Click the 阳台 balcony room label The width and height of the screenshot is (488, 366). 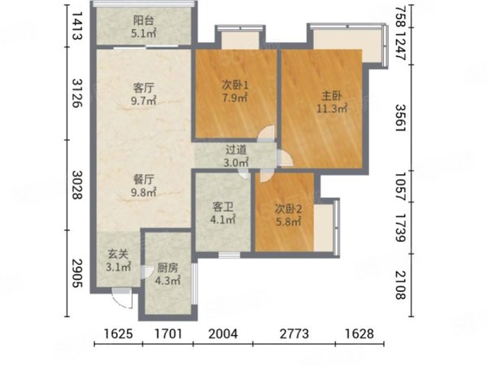[143, 20]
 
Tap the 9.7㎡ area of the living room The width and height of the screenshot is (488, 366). [143, 101]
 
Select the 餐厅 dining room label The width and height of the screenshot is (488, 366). [143, 180]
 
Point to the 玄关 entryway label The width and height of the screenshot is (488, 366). [118, 255]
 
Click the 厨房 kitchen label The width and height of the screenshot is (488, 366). [168, 268]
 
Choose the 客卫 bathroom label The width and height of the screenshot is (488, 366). [223, 207]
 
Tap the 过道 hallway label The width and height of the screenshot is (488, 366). [236, 150]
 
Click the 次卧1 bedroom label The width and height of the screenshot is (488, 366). [235, 85]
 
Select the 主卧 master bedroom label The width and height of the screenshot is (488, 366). [332, 96]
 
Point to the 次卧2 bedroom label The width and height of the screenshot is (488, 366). [288, 209]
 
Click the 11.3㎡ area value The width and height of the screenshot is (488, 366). [332, 109]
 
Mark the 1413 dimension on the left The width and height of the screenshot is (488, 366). [77, 26]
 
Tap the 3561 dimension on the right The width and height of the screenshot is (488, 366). [400, 118]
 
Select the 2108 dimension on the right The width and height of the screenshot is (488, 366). [400, 285]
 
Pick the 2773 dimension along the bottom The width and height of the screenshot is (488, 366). [294, 334]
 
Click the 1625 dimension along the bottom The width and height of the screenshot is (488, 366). [118, 334]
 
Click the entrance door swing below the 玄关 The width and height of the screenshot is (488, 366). [123, 298]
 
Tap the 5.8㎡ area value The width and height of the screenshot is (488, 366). [288, 221]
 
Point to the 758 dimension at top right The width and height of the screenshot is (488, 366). [400, 15]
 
